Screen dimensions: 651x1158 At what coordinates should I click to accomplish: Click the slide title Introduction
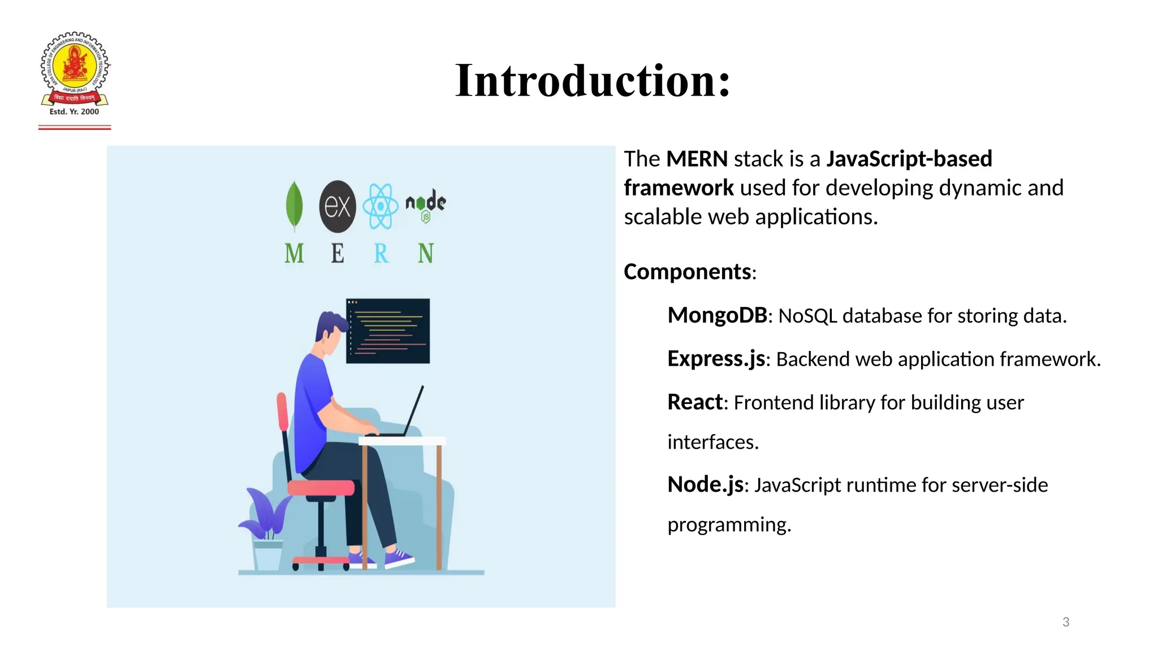pyautogui.click(x=593, y=81)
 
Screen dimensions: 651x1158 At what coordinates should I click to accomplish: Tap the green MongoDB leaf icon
pyautogui.click(x=294, y=205)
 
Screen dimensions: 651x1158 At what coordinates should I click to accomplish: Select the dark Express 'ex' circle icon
pyautogui.click(x=338, y=206)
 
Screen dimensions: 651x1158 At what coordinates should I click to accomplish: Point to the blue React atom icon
pyautogui.click(x=381, y=206)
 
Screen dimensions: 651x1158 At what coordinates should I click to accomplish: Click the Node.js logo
pyautogui.click(x=426, y=205)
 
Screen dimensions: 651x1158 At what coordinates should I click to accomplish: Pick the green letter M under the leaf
pyautogui.click(x=294, y=253)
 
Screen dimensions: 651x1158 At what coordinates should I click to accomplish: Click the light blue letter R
pyautogui.click(x=381, y=253)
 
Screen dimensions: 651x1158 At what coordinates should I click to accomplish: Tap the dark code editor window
pyautogui.click(x=388, y=331)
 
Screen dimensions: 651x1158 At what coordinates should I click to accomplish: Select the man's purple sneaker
pyautogui.click(x=399, y=558)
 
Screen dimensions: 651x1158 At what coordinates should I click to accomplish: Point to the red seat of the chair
pyautogui.click(x=321, y=487)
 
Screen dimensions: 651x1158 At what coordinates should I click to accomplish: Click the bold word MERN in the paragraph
pyautogui.click(x=697, y=159)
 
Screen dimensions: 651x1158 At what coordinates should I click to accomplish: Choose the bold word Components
pyautogui.click(x=687, y=272)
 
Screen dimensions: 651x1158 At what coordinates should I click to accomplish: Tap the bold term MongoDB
pyautogui.click(x=717, y=315)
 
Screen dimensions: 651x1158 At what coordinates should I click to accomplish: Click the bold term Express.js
pyautogui.click(x=716, y=359)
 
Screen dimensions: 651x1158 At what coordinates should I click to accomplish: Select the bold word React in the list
pyautogui.click(x=695, y=402)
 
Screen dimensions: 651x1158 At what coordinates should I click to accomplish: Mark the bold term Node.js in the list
pyautogui.click(x=705, y=485)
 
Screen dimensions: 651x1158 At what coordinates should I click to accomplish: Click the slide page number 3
pyautogui.click(x=1066, y=622)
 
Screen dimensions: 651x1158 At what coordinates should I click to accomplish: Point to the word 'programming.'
pyautogui.click(x=729, y=525)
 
